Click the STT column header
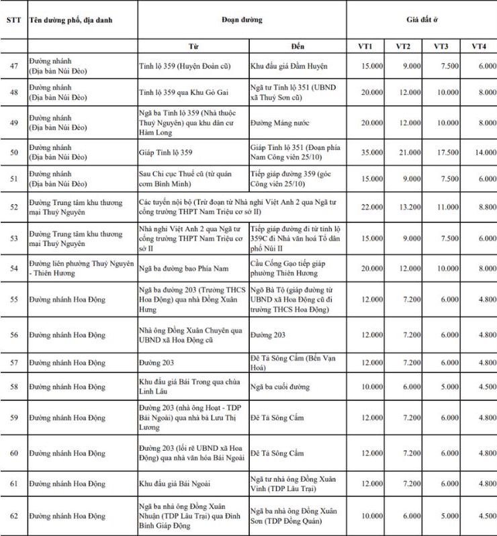[13, 19]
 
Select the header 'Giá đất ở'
[422, 19]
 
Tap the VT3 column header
[441, 46]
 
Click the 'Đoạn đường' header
[242, 19]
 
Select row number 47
[13, 66]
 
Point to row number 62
[13, 516]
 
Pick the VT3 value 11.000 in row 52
[441, 207]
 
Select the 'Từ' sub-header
[193, 46]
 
